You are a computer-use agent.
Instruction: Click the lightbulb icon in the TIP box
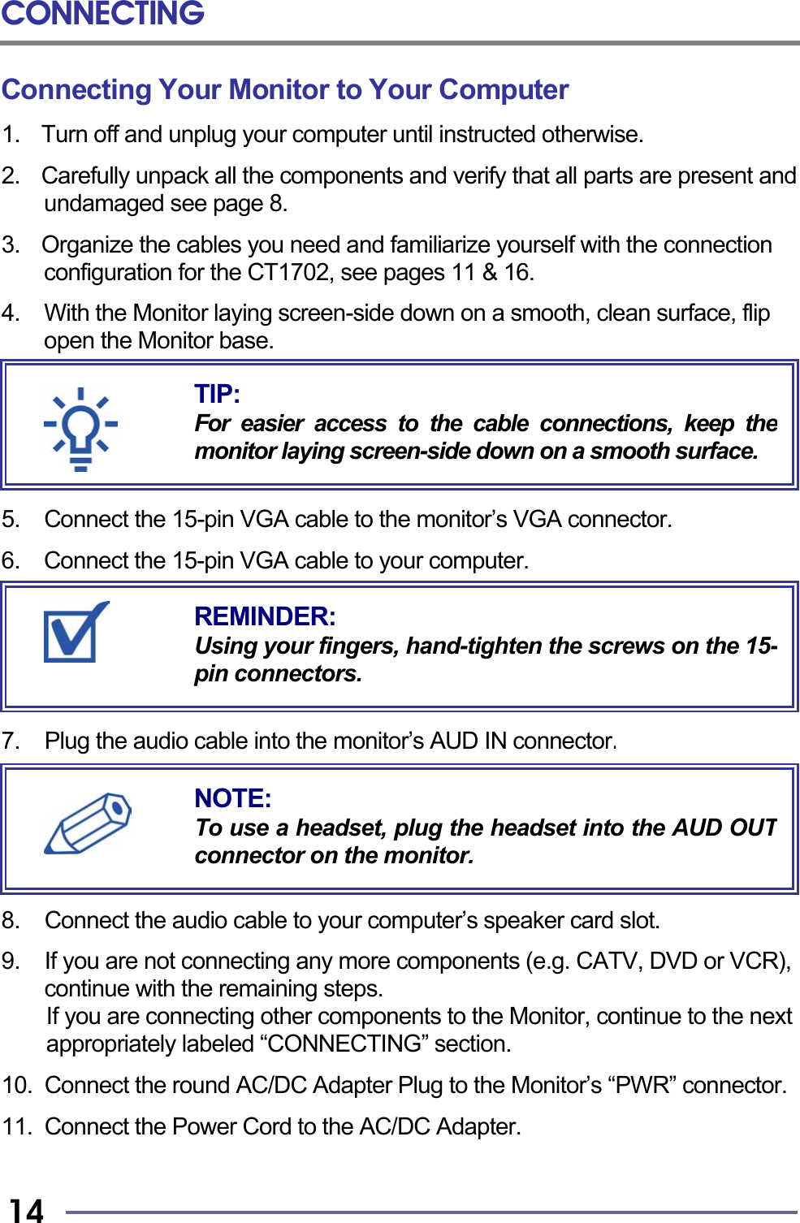tap(80, 428)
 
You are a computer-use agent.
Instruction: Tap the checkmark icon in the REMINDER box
tap(75, 633)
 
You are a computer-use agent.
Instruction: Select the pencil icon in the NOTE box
tap(88, 823)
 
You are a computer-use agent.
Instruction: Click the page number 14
tap(26, 1210)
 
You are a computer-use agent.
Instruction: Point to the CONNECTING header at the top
tap(102, 14)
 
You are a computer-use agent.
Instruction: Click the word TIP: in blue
tap(217, 394)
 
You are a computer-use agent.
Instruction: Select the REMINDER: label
tap(265, 616)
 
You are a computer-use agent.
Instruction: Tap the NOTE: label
tap(233, 798)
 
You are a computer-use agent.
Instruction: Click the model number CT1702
tap(288, 272)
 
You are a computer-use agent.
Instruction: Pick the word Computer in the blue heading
tap(504, 89)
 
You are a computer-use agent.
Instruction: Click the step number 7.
tap(11, 741)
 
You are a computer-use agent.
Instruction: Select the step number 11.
tap(16, 1126)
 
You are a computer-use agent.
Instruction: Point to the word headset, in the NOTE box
tap(341, 828)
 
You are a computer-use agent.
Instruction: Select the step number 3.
tap(11, 244)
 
